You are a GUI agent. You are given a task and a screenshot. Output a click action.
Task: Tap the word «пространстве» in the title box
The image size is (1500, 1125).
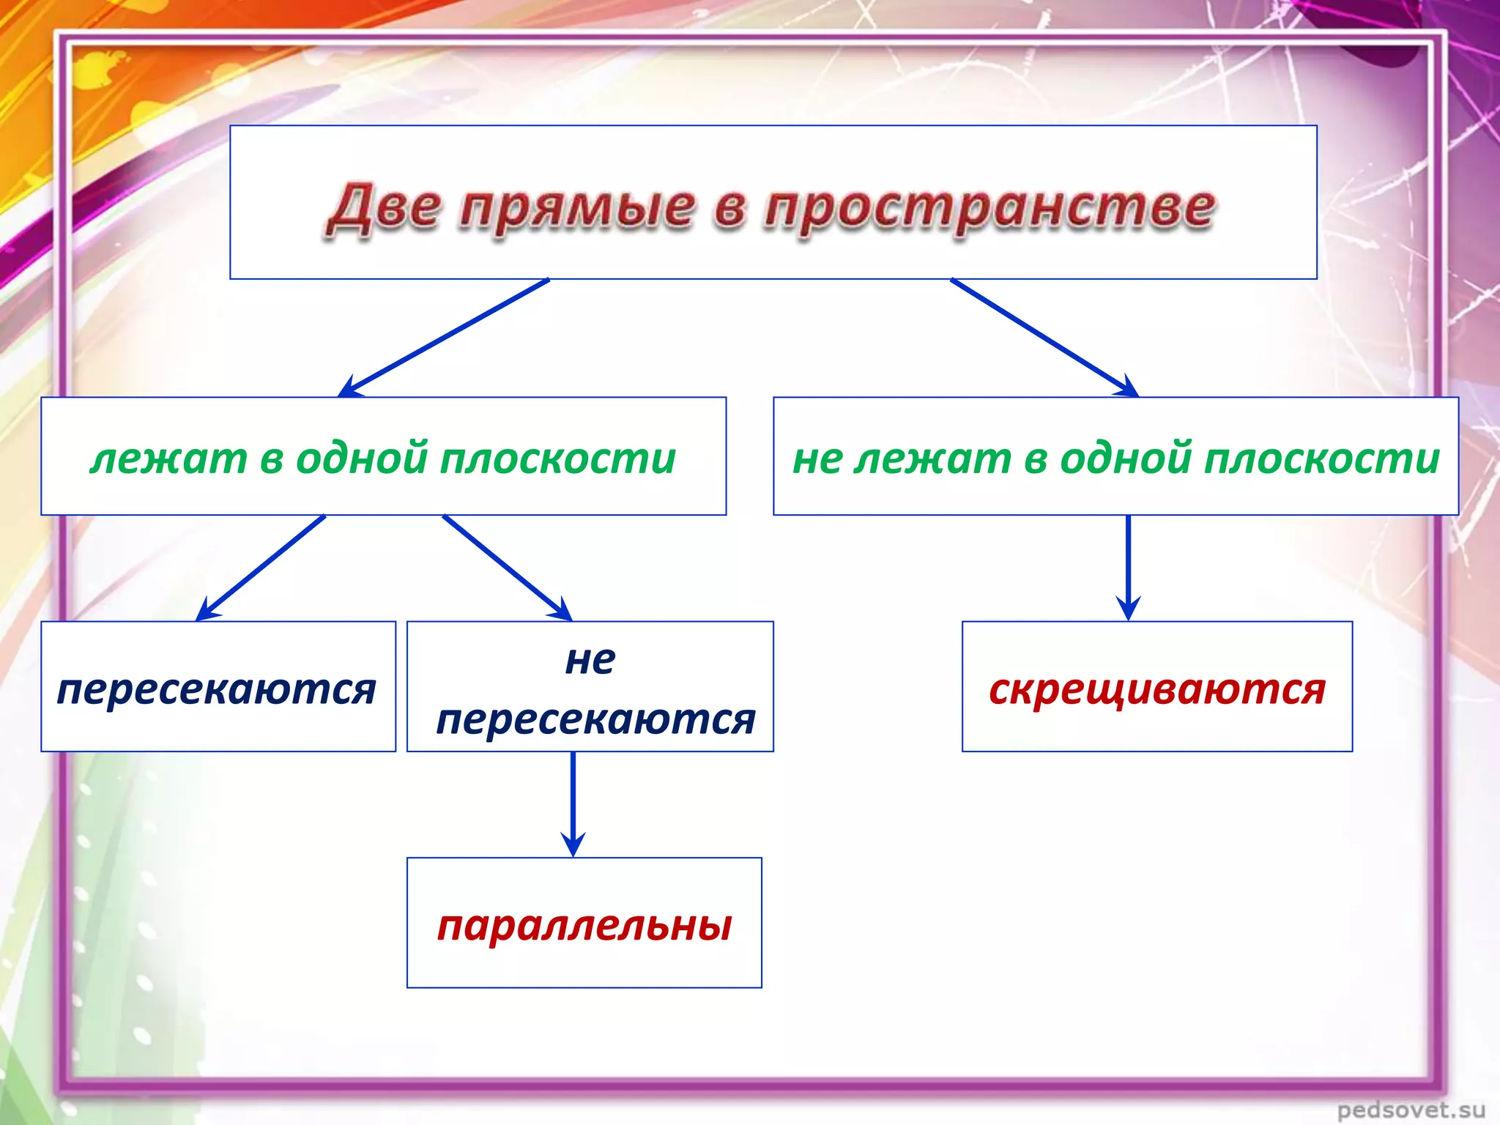[x=989, y=209]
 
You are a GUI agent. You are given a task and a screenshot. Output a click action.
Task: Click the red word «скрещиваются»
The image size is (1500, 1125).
[x=1157, y=689]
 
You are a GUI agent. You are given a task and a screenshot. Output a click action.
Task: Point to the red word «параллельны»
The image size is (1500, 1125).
[x=584, y=926]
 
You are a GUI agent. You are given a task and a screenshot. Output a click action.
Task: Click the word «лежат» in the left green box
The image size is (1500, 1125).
[x=169, y=458]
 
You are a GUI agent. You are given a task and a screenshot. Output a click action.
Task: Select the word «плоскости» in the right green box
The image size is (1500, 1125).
[x=1322, y=458]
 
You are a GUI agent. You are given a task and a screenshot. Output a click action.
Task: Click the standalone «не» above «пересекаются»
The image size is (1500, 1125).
[x=590, y=660]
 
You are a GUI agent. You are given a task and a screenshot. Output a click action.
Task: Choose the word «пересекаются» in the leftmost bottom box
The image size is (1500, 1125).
[x=217, y=689]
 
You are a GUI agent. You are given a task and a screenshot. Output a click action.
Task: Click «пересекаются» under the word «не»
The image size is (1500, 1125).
[x=595, y=719]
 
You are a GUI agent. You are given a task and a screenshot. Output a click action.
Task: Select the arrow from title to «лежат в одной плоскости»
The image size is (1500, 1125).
[x=444, y=338]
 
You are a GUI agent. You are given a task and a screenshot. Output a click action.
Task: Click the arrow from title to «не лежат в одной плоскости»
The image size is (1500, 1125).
[x=1044, y=338]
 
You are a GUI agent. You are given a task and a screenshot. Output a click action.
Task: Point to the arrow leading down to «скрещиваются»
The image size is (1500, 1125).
[x=1128, y=568]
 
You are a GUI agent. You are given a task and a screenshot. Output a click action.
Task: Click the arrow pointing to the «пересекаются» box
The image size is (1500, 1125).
[x=261, y=567]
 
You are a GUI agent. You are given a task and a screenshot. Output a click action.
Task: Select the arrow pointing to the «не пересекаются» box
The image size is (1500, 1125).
[x=507, y=567]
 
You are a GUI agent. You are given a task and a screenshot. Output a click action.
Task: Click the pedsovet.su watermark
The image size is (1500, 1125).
[x=1411, y=1110]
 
